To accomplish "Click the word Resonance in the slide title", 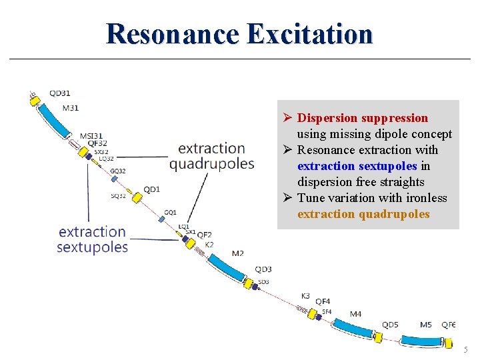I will coord(171,33).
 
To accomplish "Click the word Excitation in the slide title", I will coord(309,33).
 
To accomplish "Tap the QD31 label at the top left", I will coord(60,93).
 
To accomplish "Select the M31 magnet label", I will coord(70,107).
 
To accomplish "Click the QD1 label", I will coord(152,189).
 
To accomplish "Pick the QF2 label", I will coord(204,235).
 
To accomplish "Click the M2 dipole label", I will coord(237,253).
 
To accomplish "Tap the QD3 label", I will coord(263,269).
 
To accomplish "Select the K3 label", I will coord(305,295).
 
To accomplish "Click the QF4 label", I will coord(323,302).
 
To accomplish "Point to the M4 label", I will coord(355,314).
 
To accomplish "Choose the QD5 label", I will coord(390,325).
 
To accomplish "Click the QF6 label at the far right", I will coord(449,325).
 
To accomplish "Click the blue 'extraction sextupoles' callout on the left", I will coord(92,239).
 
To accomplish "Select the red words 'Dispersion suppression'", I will coord(362,118).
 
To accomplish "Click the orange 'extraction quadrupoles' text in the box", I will coord(363,214).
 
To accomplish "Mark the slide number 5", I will coord(466,349).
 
